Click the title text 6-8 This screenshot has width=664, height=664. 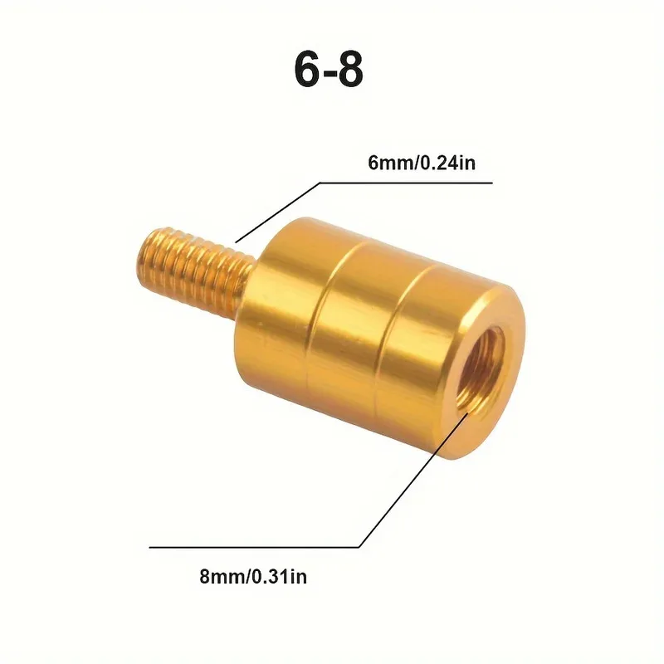(329, 71)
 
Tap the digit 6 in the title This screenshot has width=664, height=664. (306, 71)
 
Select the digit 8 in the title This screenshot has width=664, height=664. (351, 71)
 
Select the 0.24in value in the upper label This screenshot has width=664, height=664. (444, 164)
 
